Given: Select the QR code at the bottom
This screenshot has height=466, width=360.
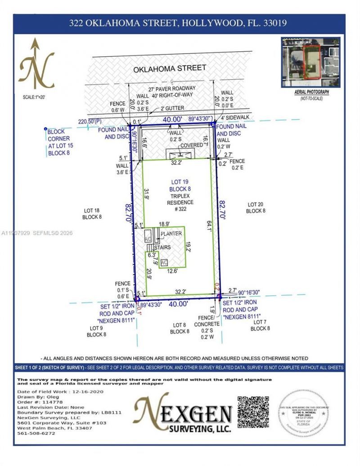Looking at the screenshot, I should (253, 412).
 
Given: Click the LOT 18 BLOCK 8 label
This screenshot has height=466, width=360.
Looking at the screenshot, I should (92, 213).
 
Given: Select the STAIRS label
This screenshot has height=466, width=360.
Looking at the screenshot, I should (162, 247).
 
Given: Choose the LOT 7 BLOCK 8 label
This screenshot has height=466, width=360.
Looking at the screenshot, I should (260, 325).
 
